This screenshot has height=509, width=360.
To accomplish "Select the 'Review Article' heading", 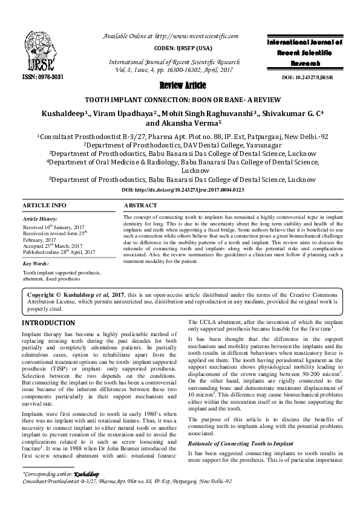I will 180,85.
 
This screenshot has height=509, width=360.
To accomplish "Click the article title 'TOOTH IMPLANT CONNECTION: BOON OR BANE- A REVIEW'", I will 180,99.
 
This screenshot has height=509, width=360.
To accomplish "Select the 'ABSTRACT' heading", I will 140,206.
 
